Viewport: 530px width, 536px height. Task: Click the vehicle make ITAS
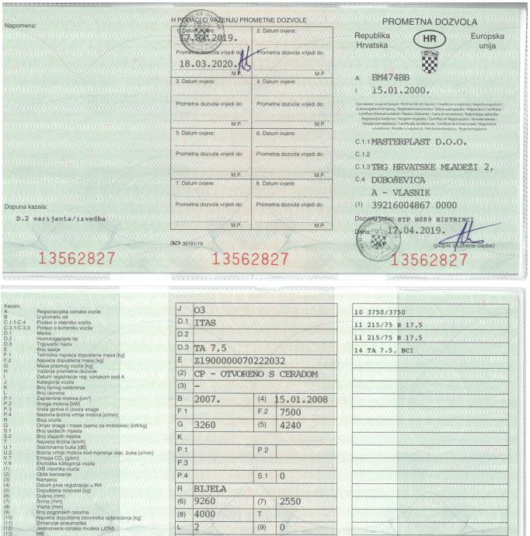pos(205,320)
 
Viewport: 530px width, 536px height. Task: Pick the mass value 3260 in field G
pos(207,426)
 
